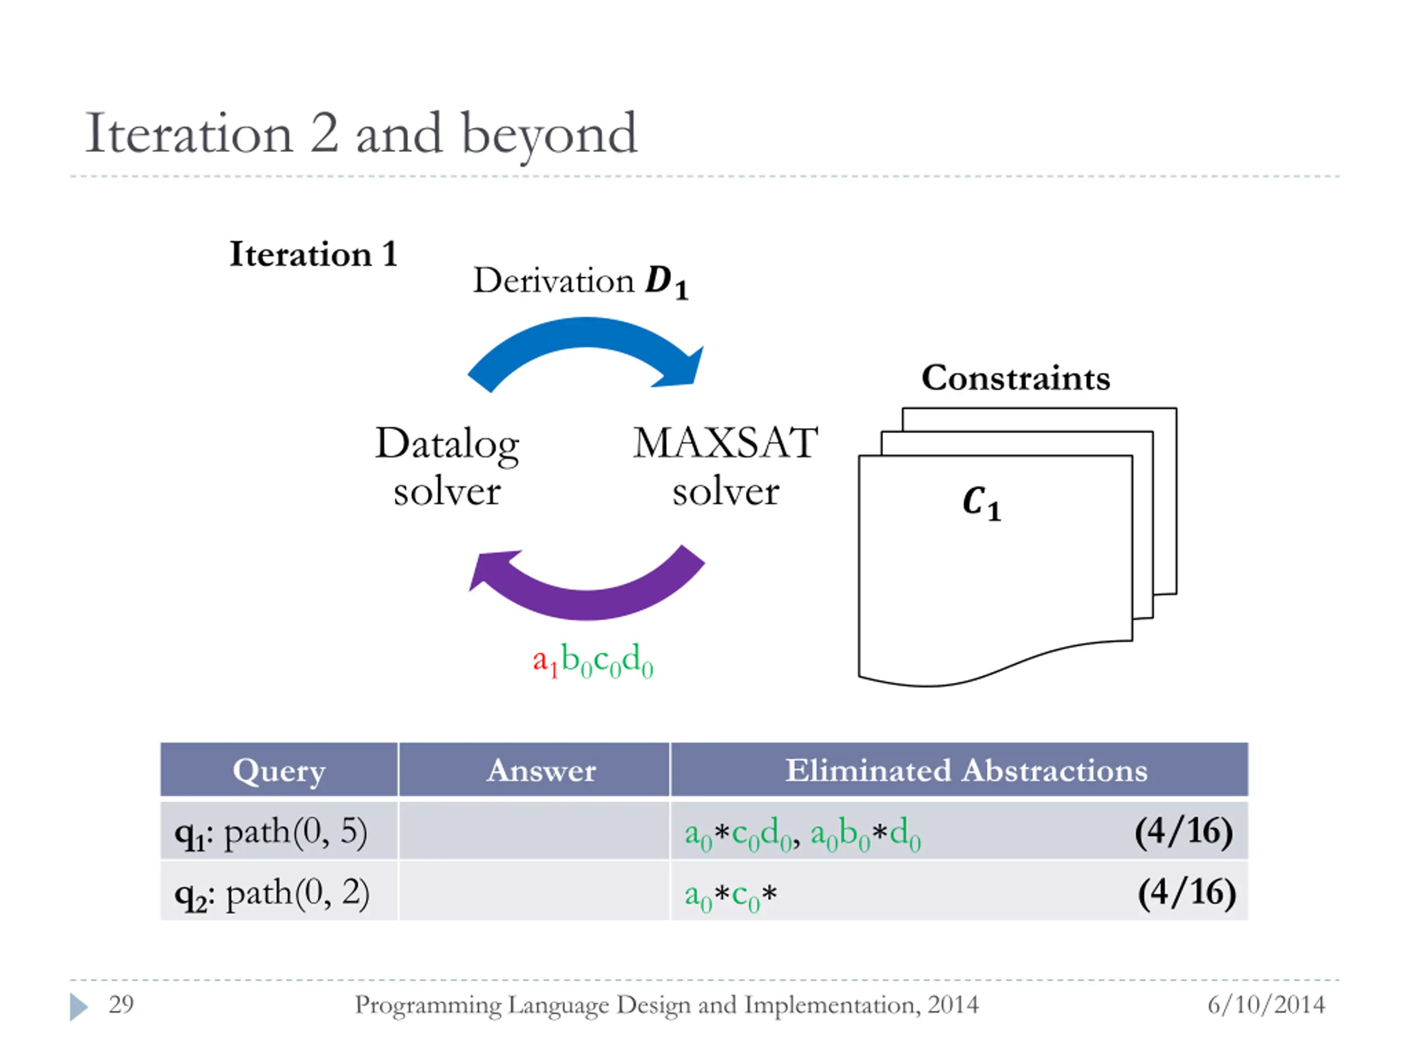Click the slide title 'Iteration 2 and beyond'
[361, 134]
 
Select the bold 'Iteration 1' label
[313, 255]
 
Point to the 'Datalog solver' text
[447, 467]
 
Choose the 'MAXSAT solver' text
[725, 467]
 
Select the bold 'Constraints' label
[1016, 378]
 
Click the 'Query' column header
[279, 770]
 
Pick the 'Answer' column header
[541, 770]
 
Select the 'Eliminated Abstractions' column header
[966, 770]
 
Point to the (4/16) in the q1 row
[1184, 832]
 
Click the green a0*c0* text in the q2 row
[730, 894]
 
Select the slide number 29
[121, 1005]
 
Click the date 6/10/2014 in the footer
[1266, 1005]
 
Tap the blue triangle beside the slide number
[78, 1006]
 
